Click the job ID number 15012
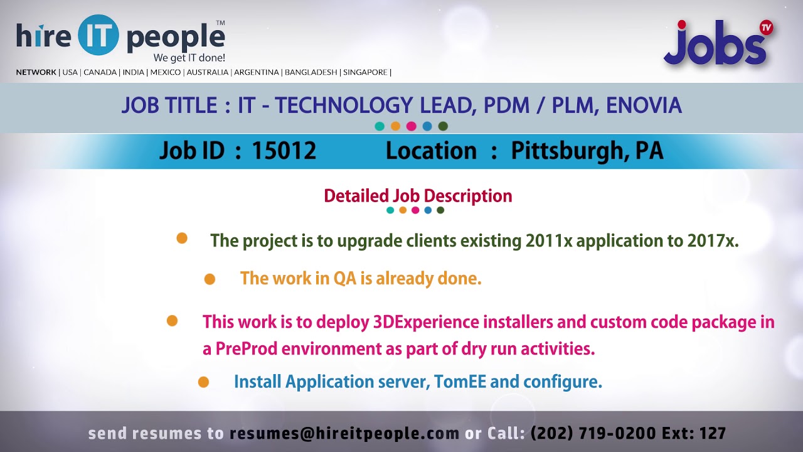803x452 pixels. point(284,151)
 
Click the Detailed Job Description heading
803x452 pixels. point(418,196)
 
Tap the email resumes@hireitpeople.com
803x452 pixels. point(344,433)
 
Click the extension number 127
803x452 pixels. point(713,433)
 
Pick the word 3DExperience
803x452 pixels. point(426,322)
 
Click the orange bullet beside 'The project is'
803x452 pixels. point(182,238)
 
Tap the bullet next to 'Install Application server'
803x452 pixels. point(203,382)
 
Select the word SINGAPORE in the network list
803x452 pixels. point(364,72)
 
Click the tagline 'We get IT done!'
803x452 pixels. point(189,58)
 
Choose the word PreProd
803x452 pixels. point(247,349)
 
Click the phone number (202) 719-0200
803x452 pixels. point(593,433)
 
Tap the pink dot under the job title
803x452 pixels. point(411,126)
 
